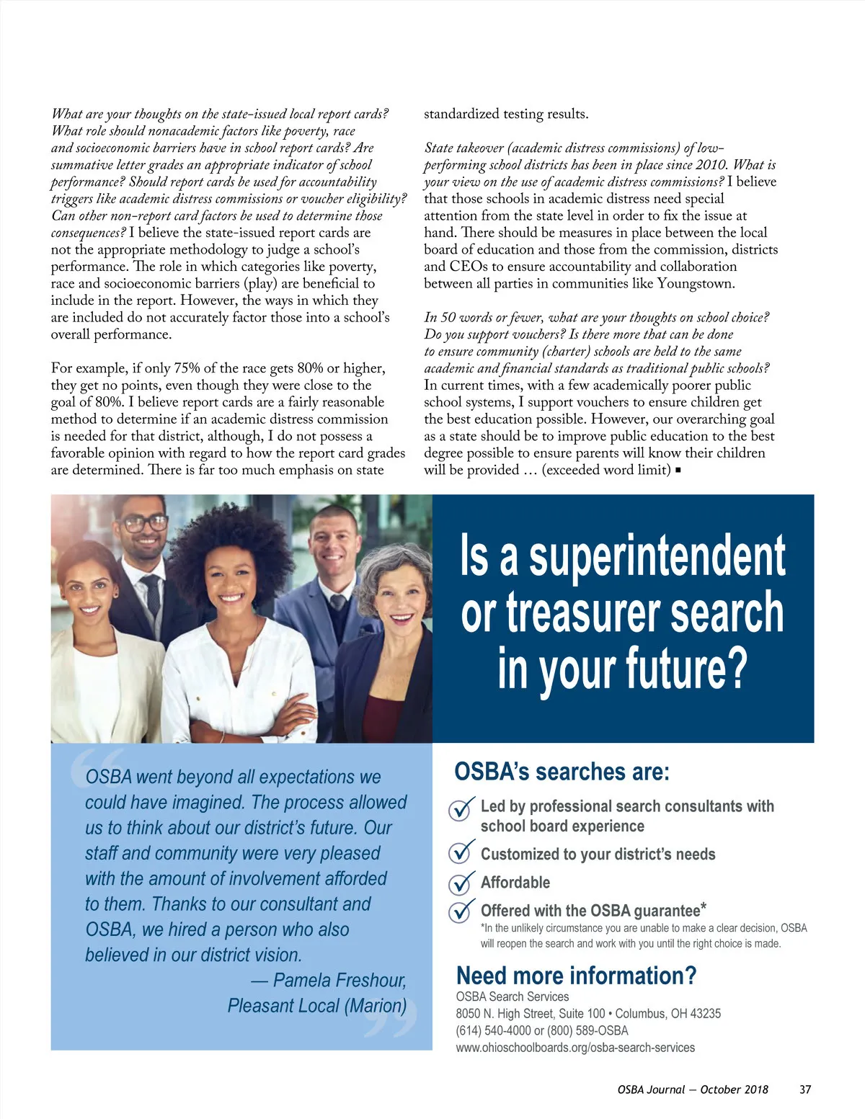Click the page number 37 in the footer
click(x=805, y=1089)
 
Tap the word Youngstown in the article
click(x=696, y=284)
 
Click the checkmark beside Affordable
click(x=461, y=883)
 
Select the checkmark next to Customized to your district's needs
click(x=461, y=854)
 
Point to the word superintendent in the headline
click(x=657, y=556)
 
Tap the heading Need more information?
click(x=576, y=976)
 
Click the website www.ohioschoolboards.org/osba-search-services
click(x=575, y=1048)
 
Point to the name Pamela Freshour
click(x=340, y=981)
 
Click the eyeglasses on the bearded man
click(x=144, y=524)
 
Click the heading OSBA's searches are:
click(x=562, y=772)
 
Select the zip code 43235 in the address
click(x=705, y=1013)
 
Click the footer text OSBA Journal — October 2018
click(x=693, y=1089)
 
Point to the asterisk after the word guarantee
click(x=704, y=906)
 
